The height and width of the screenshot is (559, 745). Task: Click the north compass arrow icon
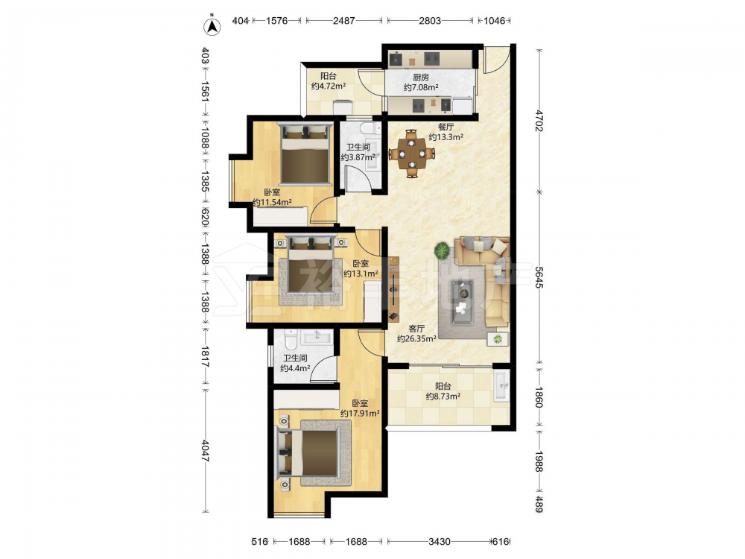coord(212,27)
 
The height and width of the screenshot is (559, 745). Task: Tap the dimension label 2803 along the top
coord(430,21)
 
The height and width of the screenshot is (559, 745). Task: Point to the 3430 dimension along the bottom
coord(440,541)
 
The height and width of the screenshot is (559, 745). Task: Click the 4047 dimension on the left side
coord(206,450)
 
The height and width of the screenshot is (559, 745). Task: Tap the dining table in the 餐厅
coord(412,154)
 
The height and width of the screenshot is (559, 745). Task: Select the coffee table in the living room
coord(463,303)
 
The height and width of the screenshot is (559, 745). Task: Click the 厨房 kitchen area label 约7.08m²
coord(421,87)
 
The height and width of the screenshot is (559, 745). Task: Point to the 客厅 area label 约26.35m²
coord(416,338)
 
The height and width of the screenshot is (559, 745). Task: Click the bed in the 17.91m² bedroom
coord(308,453)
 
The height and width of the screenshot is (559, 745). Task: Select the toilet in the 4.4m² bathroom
coord(291,339)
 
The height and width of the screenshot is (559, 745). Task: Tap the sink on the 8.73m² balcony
coord(501,386)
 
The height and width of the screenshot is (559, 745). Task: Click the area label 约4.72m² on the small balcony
coord(329,86)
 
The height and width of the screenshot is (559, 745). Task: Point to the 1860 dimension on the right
coord(539,397)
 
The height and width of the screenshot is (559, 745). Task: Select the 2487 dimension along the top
coord(344,21)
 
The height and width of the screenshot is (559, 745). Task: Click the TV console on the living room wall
coord(394,288)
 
